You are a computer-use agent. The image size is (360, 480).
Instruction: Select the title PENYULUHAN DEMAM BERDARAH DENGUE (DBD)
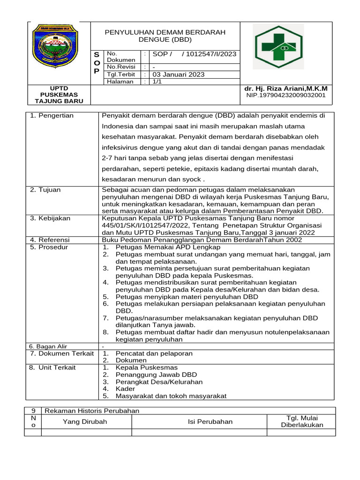point(165,36)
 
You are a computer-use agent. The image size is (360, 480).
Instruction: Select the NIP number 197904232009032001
point(286,95)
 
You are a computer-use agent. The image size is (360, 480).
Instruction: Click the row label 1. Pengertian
point(52,116)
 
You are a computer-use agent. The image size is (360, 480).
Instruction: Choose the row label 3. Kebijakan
point(50,218)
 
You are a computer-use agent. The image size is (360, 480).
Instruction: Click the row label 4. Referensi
point(50,240)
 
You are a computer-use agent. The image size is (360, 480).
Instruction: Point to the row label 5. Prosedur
point(49,247)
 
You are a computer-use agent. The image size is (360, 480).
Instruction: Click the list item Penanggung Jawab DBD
point(156,375)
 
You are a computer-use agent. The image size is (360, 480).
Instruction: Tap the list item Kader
point(125,389)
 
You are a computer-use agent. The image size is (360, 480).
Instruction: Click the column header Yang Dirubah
point(85,421)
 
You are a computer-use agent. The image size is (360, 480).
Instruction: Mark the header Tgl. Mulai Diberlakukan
point(302,421)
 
